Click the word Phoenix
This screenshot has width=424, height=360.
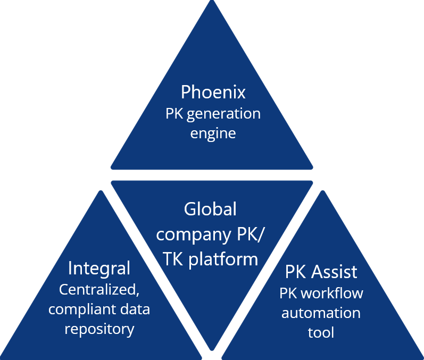pos(213,92)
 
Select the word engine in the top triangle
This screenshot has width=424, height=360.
pos(213,133)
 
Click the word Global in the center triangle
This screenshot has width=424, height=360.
pos(210,209)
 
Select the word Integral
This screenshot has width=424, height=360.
pos(99,268)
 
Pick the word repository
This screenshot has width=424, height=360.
pos(99,329)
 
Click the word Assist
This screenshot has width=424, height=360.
pos(334,272)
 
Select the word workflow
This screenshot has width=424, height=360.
pos(335,293)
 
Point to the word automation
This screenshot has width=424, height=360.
pos(321,313)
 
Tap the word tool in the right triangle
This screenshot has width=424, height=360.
pos(321,332)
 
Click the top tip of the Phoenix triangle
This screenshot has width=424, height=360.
pos(212,3)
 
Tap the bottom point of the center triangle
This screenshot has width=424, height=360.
pos(212,348)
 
